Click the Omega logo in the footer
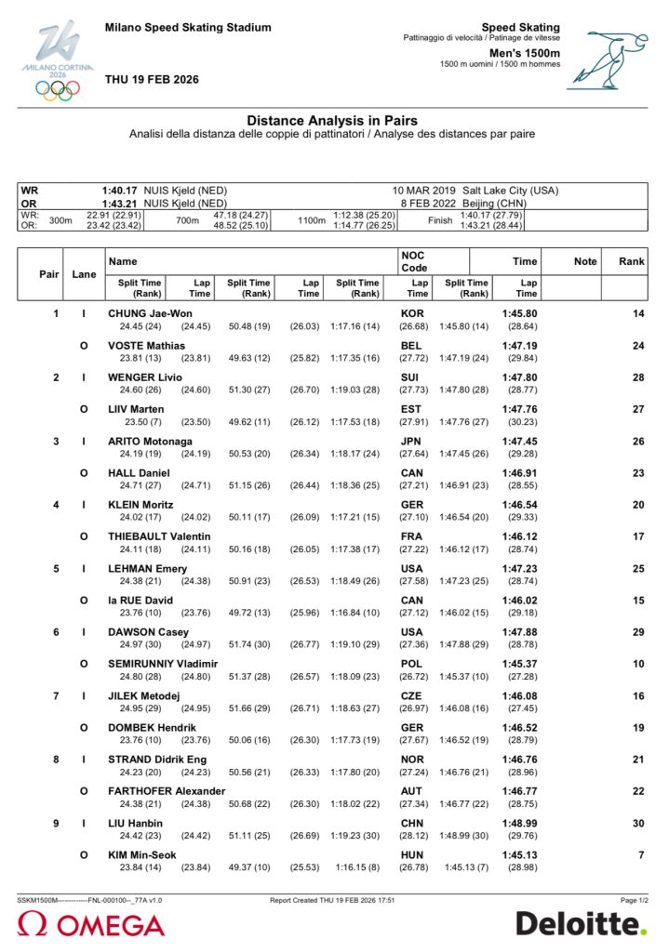(x=90, y=925)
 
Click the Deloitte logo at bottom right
(x=581, y=924)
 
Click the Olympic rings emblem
(x=58, y=90)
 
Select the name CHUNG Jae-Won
(x=150, y=313)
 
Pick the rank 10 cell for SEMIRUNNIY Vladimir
(x=638, y=663)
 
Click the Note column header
(x=585, y=261)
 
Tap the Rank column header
(x=631, y=261)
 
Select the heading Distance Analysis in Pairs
(x=331, y=121)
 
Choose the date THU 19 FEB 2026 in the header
(x=152, y=80)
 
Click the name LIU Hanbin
(x=135, y=823)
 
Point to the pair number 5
(x=56, y=568)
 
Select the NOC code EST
(x=411, y=409)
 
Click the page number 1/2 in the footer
(x=636, y=900)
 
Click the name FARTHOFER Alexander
(x=167, y=791)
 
